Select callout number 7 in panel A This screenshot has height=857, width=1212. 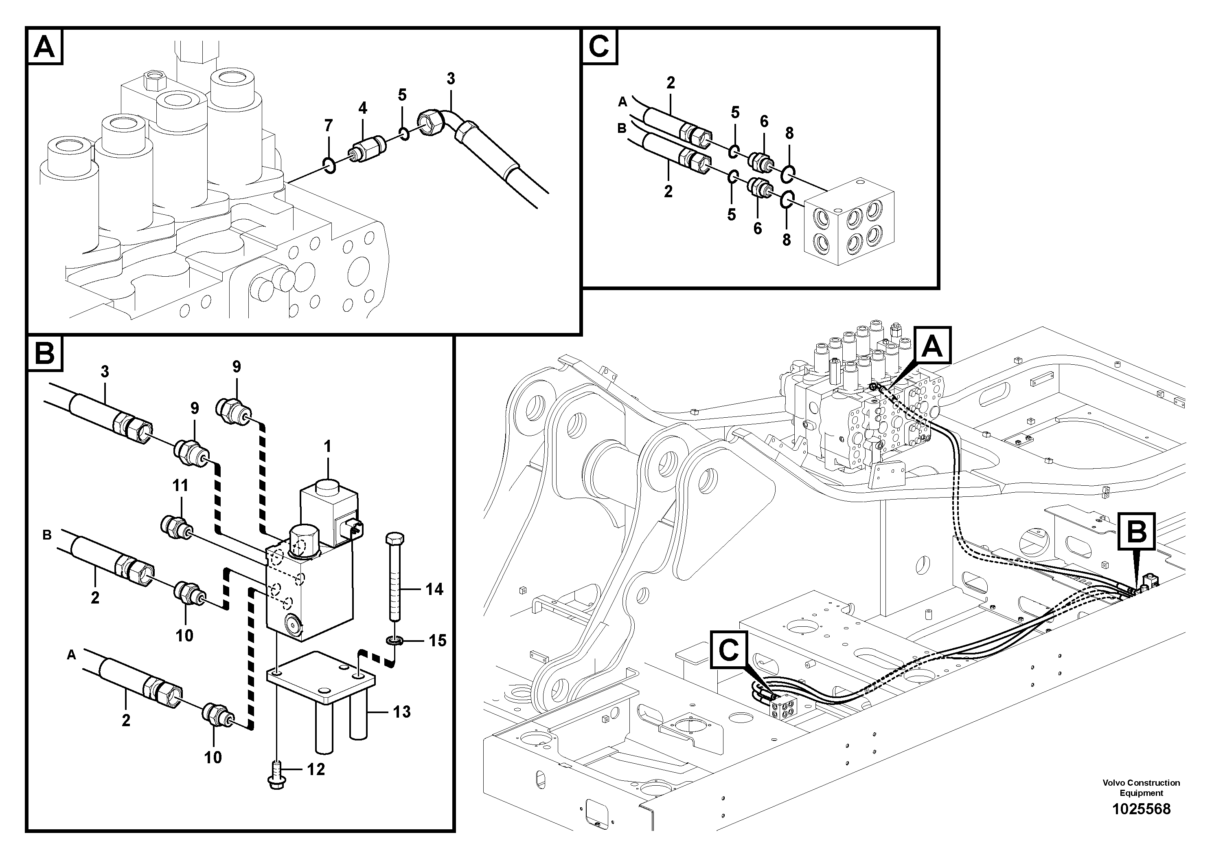328,126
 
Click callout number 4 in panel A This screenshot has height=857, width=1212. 363,108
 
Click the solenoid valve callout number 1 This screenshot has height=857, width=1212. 327,447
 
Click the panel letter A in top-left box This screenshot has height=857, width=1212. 44,47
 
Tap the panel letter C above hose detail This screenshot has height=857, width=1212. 599,47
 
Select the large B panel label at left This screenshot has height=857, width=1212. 44,352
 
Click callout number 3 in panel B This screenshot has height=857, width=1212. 105,372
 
